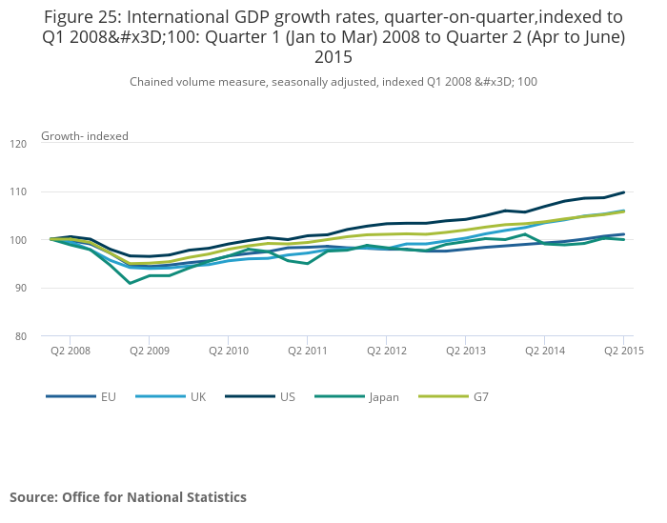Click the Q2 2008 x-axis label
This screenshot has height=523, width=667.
click(71, 351)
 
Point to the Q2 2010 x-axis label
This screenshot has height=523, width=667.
click(229, 351)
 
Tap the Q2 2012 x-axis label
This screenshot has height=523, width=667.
click(386, 351)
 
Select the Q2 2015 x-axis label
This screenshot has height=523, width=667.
click(623, 351)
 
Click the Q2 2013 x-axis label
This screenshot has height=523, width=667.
click(465, 351)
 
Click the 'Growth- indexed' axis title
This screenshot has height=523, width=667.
click(85, 136)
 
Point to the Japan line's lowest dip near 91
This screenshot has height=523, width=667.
click(131, 283)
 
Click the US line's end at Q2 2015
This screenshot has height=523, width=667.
click(623, 192)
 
